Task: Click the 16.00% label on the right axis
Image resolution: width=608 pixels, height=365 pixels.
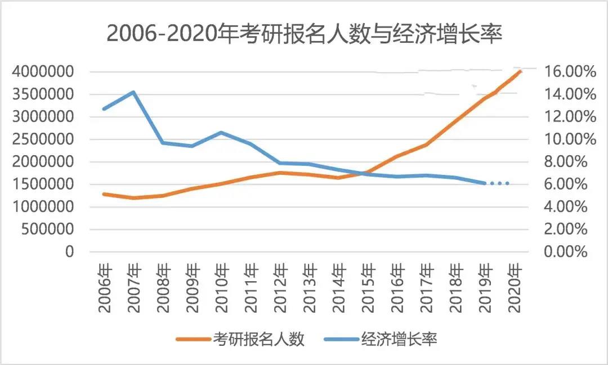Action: tap(568, 72)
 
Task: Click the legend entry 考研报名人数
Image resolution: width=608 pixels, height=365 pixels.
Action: tap(258, 339)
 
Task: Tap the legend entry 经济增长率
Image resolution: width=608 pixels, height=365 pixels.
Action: tap(400, 339)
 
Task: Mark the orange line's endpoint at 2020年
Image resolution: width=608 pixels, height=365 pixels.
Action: tap(520, 71)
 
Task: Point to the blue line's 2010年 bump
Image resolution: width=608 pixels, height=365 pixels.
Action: tap(221, 133)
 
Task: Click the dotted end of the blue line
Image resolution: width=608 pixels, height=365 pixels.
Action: tap(499, 183)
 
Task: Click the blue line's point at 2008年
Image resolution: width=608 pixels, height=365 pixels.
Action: tap(163, 143)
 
